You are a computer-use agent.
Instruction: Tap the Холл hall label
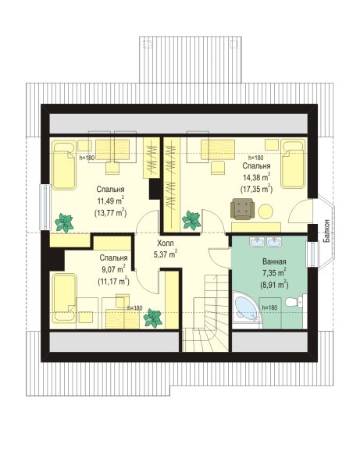166,243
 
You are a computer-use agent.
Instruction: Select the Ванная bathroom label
274,261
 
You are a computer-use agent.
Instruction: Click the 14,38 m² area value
256,177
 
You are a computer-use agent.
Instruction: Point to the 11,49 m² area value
111,201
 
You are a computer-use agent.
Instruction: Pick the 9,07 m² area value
113,269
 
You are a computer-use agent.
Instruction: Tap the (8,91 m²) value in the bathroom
274,285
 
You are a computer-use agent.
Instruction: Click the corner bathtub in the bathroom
247,310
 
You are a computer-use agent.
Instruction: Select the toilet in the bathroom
294,302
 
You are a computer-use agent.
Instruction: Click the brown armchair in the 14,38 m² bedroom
242,209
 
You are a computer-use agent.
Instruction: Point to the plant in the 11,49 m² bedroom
64,222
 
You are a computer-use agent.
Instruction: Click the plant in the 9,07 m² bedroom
153,318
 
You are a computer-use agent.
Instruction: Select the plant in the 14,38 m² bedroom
191,221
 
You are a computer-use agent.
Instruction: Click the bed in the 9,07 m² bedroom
64,297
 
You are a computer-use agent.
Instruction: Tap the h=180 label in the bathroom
269,307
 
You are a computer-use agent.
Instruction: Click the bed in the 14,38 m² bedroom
293,164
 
